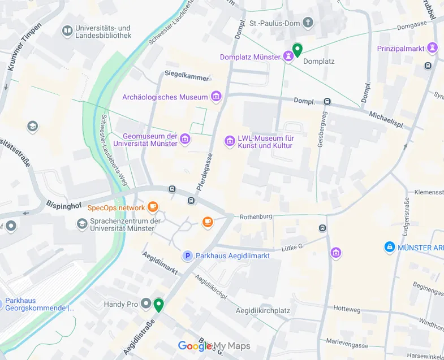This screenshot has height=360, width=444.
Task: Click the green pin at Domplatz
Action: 297,50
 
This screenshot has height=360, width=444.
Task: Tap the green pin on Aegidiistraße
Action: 159,305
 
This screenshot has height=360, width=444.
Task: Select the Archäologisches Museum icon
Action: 215,97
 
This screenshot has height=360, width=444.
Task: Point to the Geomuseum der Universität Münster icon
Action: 185,138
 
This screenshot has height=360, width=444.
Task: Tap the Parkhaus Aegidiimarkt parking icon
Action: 187,256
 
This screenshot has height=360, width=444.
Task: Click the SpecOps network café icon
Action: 153,207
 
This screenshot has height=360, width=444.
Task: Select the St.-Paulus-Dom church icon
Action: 308,23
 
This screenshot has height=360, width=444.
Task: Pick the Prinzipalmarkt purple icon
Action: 433,48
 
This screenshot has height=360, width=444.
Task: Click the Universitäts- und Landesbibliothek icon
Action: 67,31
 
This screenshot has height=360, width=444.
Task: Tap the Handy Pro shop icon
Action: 146,304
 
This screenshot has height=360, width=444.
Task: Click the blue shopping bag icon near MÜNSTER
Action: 389,247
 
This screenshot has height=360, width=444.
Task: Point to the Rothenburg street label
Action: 256,216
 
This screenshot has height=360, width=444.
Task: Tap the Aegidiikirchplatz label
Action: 262,311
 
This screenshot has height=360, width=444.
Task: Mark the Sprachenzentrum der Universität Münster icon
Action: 82,224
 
